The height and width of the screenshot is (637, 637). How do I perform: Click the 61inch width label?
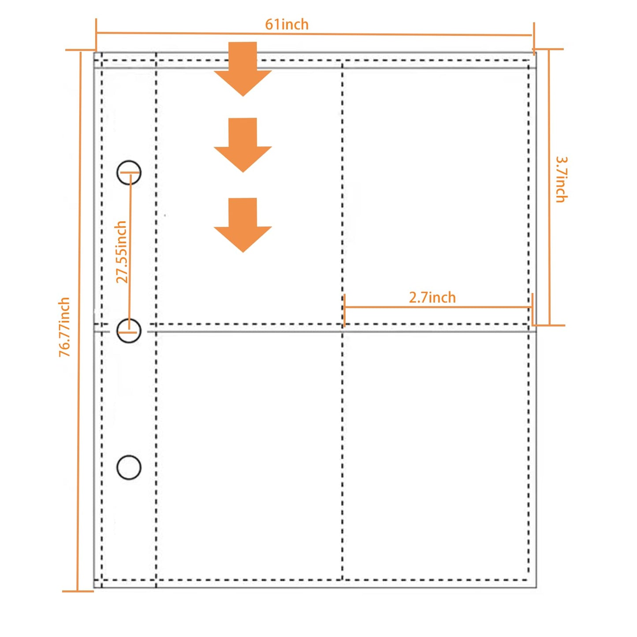287,24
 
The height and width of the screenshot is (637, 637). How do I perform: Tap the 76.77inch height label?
64,327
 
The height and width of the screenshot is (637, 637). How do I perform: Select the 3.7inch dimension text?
561,179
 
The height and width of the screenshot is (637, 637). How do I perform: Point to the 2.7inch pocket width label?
432,298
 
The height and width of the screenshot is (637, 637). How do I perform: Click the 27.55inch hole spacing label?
121,252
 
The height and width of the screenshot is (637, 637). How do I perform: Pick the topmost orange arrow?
242,69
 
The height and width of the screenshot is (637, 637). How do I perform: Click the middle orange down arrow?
242,145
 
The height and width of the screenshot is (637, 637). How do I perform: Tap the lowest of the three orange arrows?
242,225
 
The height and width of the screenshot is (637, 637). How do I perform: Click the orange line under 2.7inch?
438,307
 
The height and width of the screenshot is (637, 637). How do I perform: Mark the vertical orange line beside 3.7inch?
549,187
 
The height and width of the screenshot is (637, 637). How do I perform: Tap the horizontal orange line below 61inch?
314,34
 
